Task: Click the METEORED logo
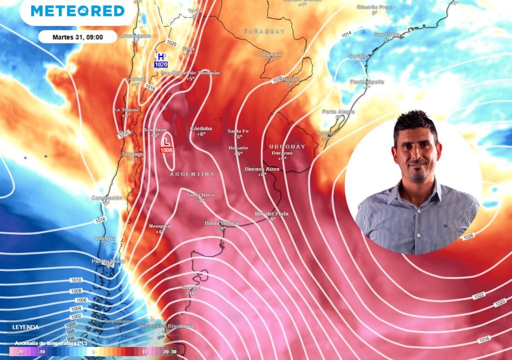(x=77, y=11)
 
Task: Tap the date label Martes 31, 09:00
(x=77, y=36)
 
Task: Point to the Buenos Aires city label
(x=262, y=169)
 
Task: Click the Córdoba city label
(x=201, y=128)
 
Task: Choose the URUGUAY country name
(x=286, y=146)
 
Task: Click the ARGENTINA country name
(x=192, y=174)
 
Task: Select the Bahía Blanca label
(x=221, y=222)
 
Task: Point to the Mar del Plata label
(x=271, y=213)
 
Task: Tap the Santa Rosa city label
(x=200, y=194)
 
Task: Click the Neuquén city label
(x=160, y=226)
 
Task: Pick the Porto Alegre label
(x=338, y=111)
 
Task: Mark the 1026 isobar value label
(x=468, y=236)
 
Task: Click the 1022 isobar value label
(x=478, y=296)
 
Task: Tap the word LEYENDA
(x=26, y=327)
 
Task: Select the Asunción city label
(x=270, y=54)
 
